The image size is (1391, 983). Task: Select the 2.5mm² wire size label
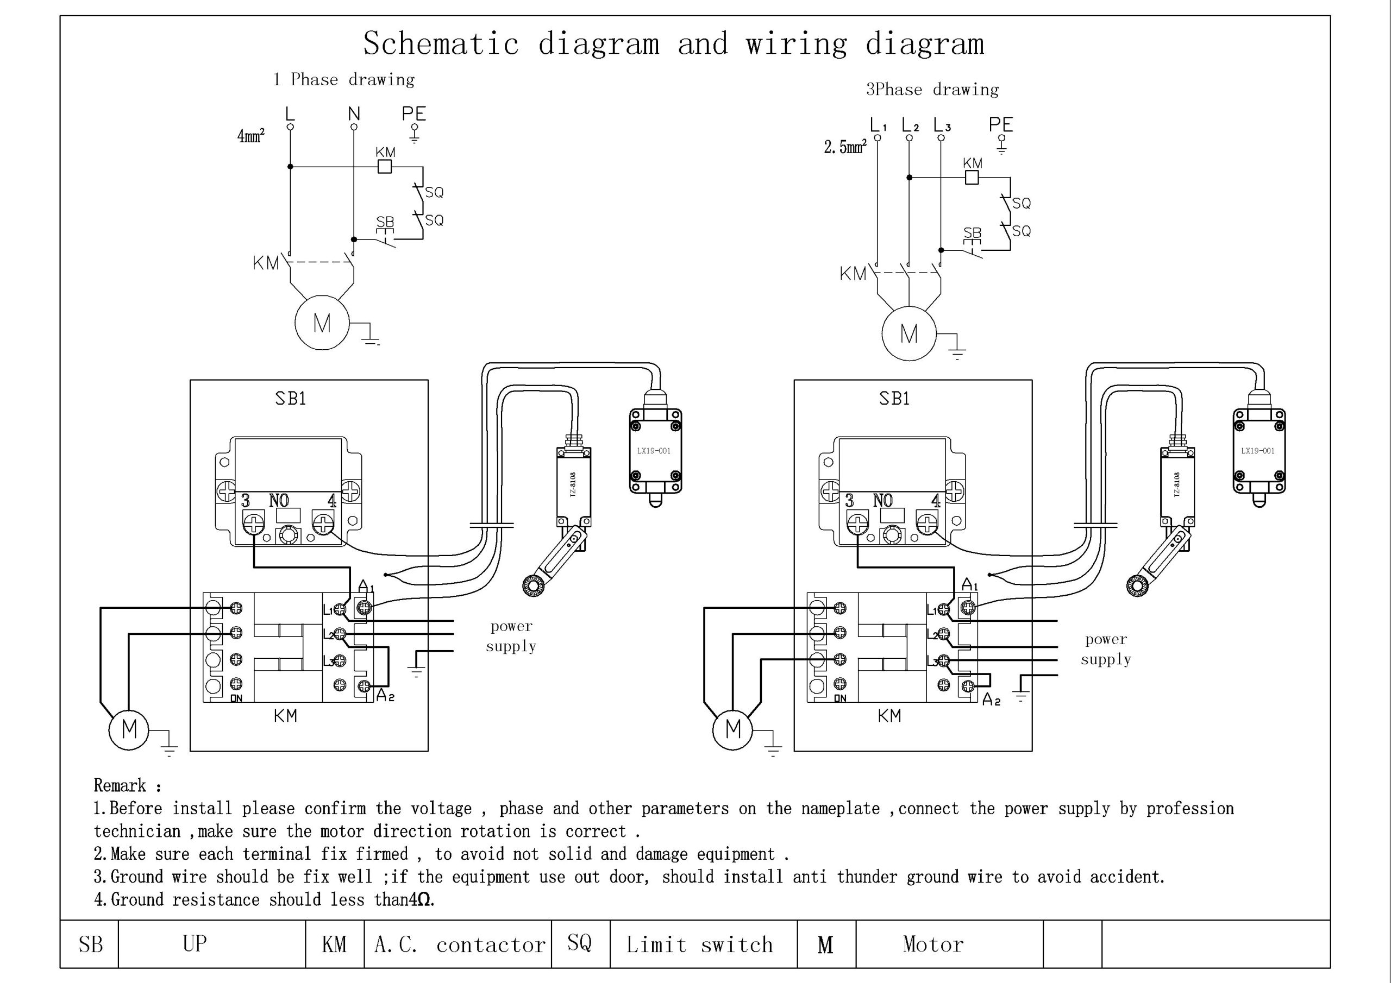[x=844, y=147]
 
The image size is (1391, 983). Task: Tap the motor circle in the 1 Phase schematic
[x=322, y=323]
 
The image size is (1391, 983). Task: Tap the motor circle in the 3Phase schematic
[x=908, y=333]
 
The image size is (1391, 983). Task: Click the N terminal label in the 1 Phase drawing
[x=354, y=114]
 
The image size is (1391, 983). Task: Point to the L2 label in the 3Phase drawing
[x=910, y=125]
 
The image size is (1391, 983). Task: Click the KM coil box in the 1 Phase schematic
[x=384, y=167]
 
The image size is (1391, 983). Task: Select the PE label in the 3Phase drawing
[x=1000, y=125]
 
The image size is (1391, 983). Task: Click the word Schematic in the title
[x=441, y=43]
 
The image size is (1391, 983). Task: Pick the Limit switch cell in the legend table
[x=700, y=944]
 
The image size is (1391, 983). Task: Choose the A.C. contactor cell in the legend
[x=459, y=944]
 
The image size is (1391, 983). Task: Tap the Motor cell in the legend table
[x=933, y=944]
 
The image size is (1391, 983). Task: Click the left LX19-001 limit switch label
[x=654, y=451]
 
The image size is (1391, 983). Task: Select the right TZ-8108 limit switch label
[x=1176, y=484]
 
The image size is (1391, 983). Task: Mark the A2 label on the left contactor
[x=385, y=695]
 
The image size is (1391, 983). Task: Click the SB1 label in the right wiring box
[x=894, y=399]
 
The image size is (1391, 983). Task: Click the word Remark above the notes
[x=120, y=785]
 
